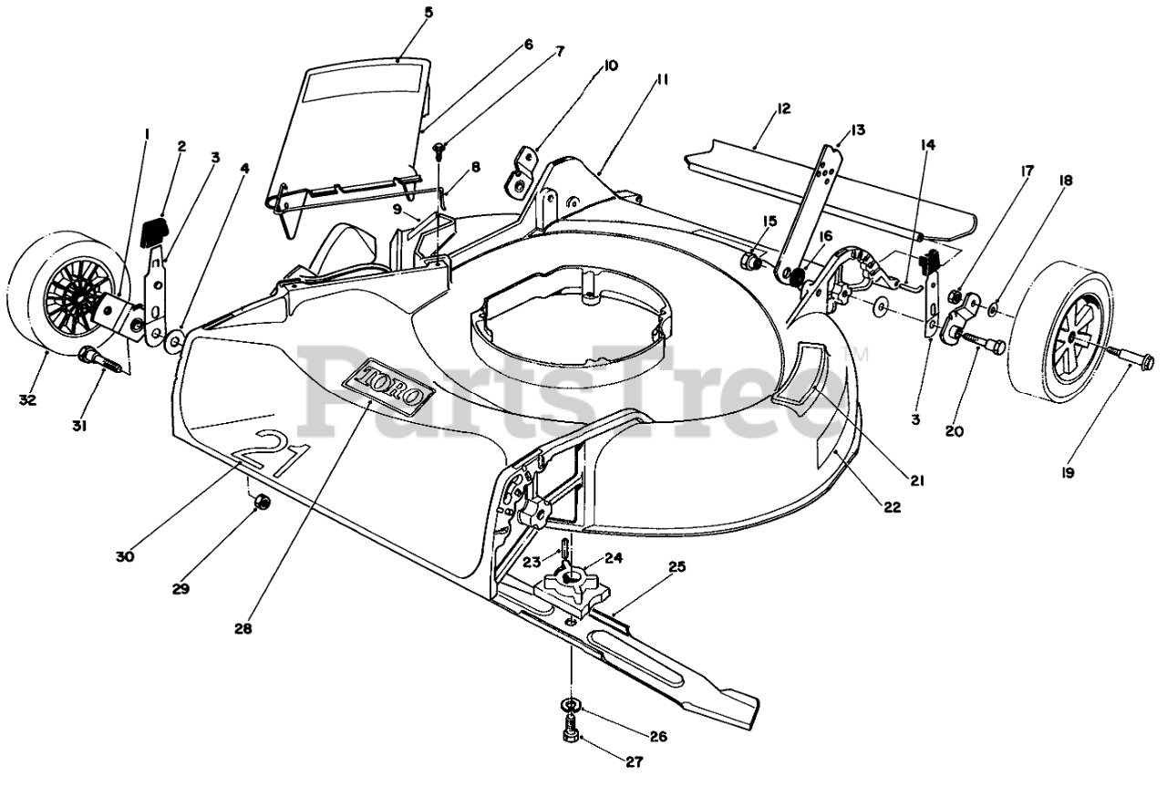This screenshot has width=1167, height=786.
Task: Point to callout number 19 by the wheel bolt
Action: pos(1068,472)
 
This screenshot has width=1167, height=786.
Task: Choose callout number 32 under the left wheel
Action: pos(28,398)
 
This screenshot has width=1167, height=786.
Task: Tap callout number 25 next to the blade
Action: pos(676,566)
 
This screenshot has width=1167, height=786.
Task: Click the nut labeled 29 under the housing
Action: pos(260,502)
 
